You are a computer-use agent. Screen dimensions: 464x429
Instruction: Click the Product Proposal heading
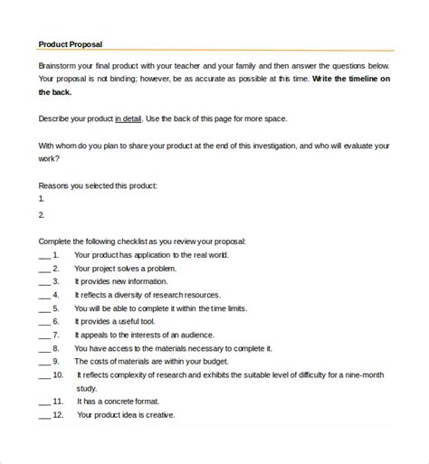tap(71, 43)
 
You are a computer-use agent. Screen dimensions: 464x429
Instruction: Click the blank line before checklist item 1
tap(43, 258)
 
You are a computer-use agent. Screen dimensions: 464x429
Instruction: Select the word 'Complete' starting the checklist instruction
tap(57, 242)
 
